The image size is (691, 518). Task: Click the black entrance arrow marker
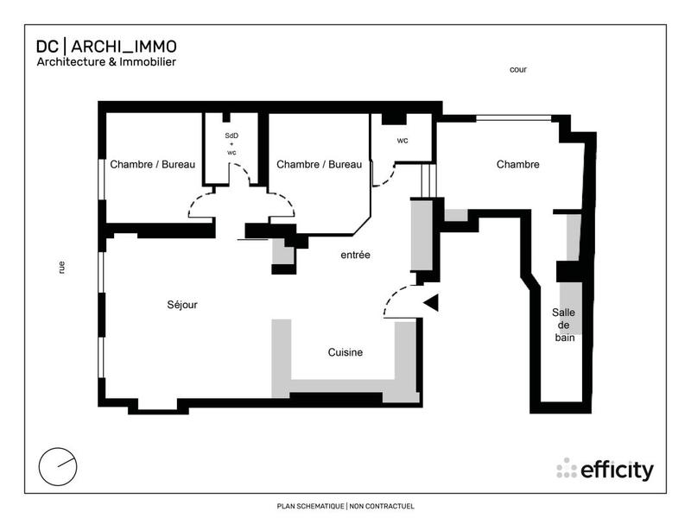click(431, 302)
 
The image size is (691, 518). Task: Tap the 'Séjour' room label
click(182, 305)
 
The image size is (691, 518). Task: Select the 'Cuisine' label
click(345, 352)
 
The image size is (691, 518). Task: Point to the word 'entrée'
click(355, 255)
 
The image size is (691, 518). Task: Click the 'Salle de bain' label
click(565, 325)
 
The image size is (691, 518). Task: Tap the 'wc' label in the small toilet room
click(403, 140)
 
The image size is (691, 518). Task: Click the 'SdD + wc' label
click(231, 143)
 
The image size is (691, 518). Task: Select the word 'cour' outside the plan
click(518, 69)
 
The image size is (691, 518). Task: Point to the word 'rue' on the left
click(61, 268)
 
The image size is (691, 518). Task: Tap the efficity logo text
click(617, 471)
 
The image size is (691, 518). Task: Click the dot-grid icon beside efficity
click(567, 468)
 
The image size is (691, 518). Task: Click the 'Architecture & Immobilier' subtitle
click(106, 62)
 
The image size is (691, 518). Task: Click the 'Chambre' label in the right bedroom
click(517, 164)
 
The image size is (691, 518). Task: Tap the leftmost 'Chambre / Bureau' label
click(153, 164)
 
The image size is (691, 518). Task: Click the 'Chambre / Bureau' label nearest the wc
click(319, 164)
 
